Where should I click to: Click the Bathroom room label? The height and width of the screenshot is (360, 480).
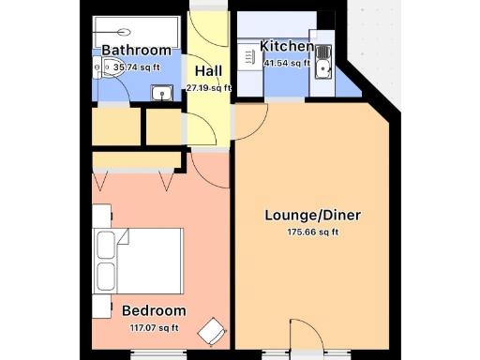pyautogui.click(x=137, y=50)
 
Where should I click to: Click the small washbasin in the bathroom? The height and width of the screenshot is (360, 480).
pyautogui.click(x=162, y=92)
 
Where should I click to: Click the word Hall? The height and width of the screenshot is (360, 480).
pyautogui.click(x=209, y=70)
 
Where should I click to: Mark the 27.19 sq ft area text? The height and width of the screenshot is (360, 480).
pyautogui.click(x=209, y=87)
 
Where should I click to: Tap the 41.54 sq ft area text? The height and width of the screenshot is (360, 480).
pyautogui.click(x=287, y=63)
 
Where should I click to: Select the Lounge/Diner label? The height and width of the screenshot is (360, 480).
pyautogui.click(x=312, y=215)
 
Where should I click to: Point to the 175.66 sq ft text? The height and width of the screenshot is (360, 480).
pyautogui.click(x=312, y=232)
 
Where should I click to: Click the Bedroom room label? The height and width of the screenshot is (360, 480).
pyautogui.click(x=154, y=310)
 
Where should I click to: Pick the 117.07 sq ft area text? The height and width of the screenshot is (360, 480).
pyautogui.click(x=154, y=327)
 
